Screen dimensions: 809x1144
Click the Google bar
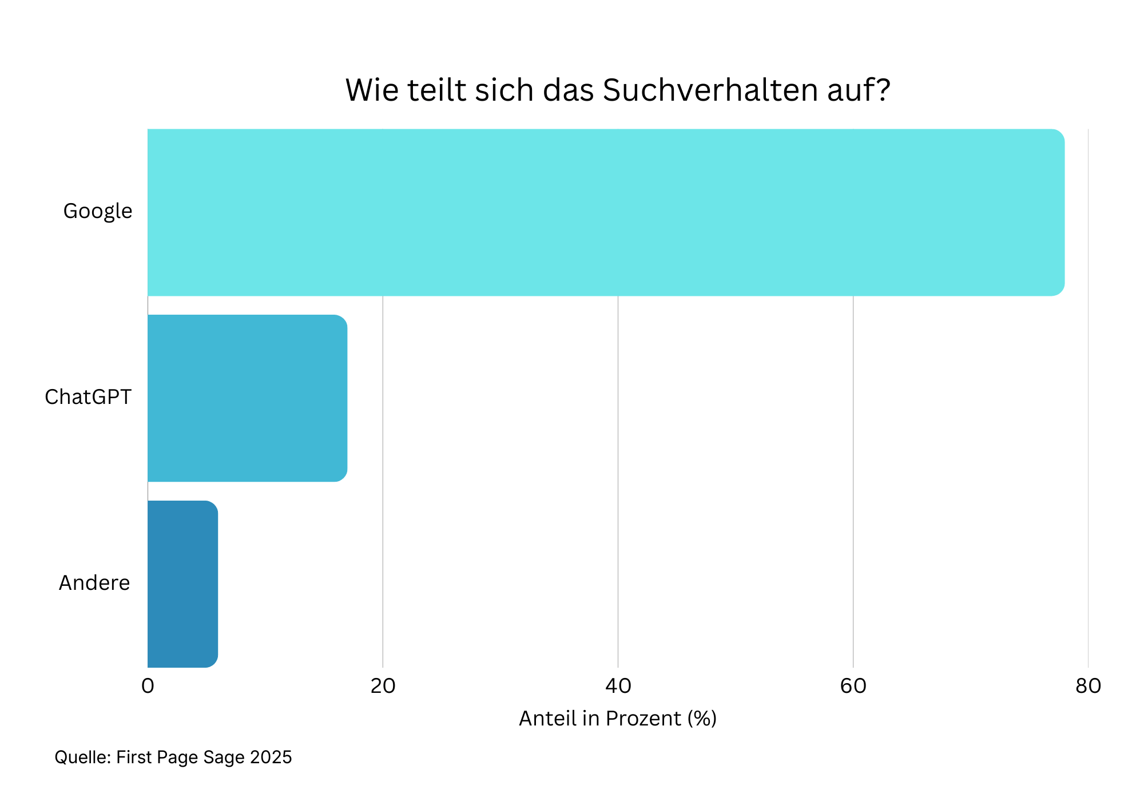click(606, 212)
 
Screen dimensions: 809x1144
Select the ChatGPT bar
click(247, 398)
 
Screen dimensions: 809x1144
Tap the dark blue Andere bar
click(182, 584)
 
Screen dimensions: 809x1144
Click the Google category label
click(97, 211)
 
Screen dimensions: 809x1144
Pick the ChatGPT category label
click(88, 397)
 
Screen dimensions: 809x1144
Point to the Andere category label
click(94, 583)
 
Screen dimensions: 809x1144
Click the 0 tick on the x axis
click(148, 686)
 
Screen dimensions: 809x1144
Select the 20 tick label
click(383, 686)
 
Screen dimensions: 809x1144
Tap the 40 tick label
click(618, 686)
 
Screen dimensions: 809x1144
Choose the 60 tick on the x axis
click(853, 686)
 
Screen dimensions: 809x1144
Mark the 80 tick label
click(1088, 686)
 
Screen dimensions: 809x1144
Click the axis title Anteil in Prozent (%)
click(618, 719)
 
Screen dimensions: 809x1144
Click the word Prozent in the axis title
click(643, 719)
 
